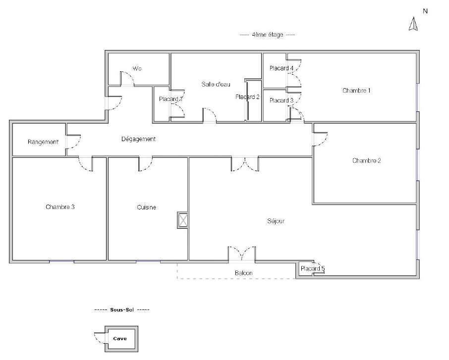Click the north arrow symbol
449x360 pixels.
413,24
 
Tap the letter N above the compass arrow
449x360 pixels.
425,11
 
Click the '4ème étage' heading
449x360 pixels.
268,35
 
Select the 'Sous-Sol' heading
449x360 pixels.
122,309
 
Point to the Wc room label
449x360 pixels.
137,68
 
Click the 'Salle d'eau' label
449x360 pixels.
216,84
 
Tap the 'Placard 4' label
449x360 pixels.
281,68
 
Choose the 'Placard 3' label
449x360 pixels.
281,101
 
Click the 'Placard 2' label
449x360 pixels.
247,97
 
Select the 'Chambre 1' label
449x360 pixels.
356,91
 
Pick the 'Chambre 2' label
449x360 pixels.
367,160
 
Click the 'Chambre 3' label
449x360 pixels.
60,207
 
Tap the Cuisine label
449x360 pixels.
147,207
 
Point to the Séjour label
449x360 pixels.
276,221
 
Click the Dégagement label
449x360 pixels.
138,139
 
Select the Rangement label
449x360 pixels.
43,142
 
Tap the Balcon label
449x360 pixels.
244,273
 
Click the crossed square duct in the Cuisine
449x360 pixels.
183,220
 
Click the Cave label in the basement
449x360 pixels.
120,339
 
